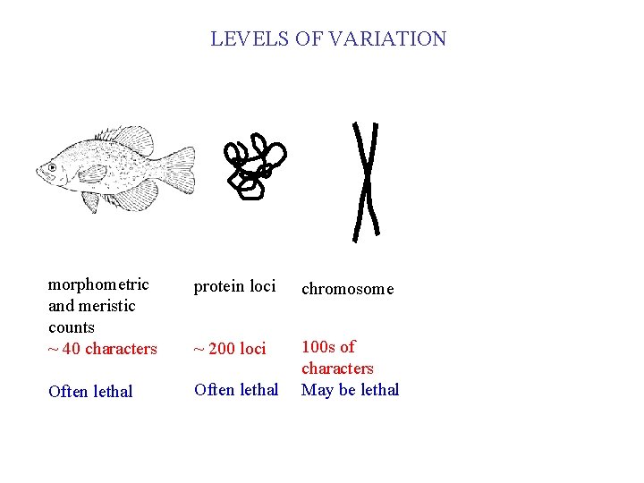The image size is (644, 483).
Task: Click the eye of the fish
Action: coord(53,167)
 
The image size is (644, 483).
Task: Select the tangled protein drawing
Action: coord(255,166)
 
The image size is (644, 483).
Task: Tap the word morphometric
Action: coord(98,284)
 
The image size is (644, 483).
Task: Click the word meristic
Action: coord(106,306)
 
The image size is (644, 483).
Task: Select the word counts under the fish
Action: coord(71,327)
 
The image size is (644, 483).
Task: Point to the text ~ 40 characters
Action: coord(102,349)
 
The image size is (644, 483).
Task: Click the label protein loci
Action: coord(234,286)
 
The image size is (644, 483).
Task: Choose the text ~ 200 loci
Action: coord(230,349)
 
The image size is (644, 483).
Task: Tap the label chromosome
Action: coord(347,289)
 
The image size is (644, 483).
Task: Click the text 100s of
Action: coord(327,347)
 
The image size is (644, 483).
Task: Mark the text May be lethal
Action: coord(350,390)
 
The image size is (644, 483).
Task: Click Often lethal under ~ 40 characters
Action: coord(90,392)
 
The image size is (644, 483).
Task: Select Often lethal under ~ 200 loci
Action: coord(236,390)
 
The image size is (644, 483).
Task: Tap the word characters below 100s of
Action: coord(337,369)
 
